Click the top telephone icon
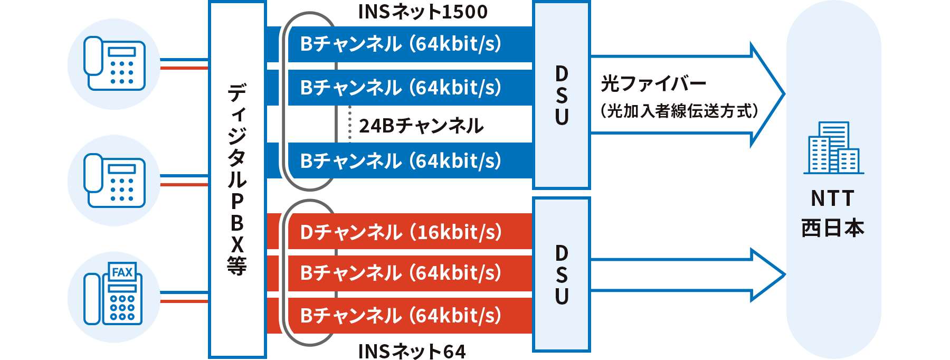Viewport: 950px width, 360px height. click(x=115, y=63)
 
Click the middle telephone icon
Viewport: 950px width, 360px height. click(x=115, y=181)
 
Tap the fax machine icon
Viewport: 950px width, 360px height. click(x=113, y=294)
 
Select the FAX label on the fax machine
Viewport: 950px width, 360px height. click(x=122, y=272)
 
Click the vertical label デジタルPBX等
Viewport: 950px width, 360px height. click(x=237, y=179)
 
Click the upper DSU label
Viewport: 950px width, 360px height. click(x=562, y=96)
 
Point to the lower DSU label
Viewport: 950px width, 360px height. click(x=562, y=274)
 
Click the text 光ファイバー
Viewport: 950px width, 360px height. click(x=653, y=83)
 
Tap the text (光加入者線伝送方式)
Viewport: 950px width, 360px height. click(x=679, y=111)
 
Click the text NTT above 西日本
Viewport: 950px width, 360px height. click(x=832, y=199)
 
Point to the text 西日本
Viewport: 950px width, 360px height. click(x=832, y=228)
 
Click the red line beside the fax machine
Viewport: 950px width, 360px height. click(x=184, y=301)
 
